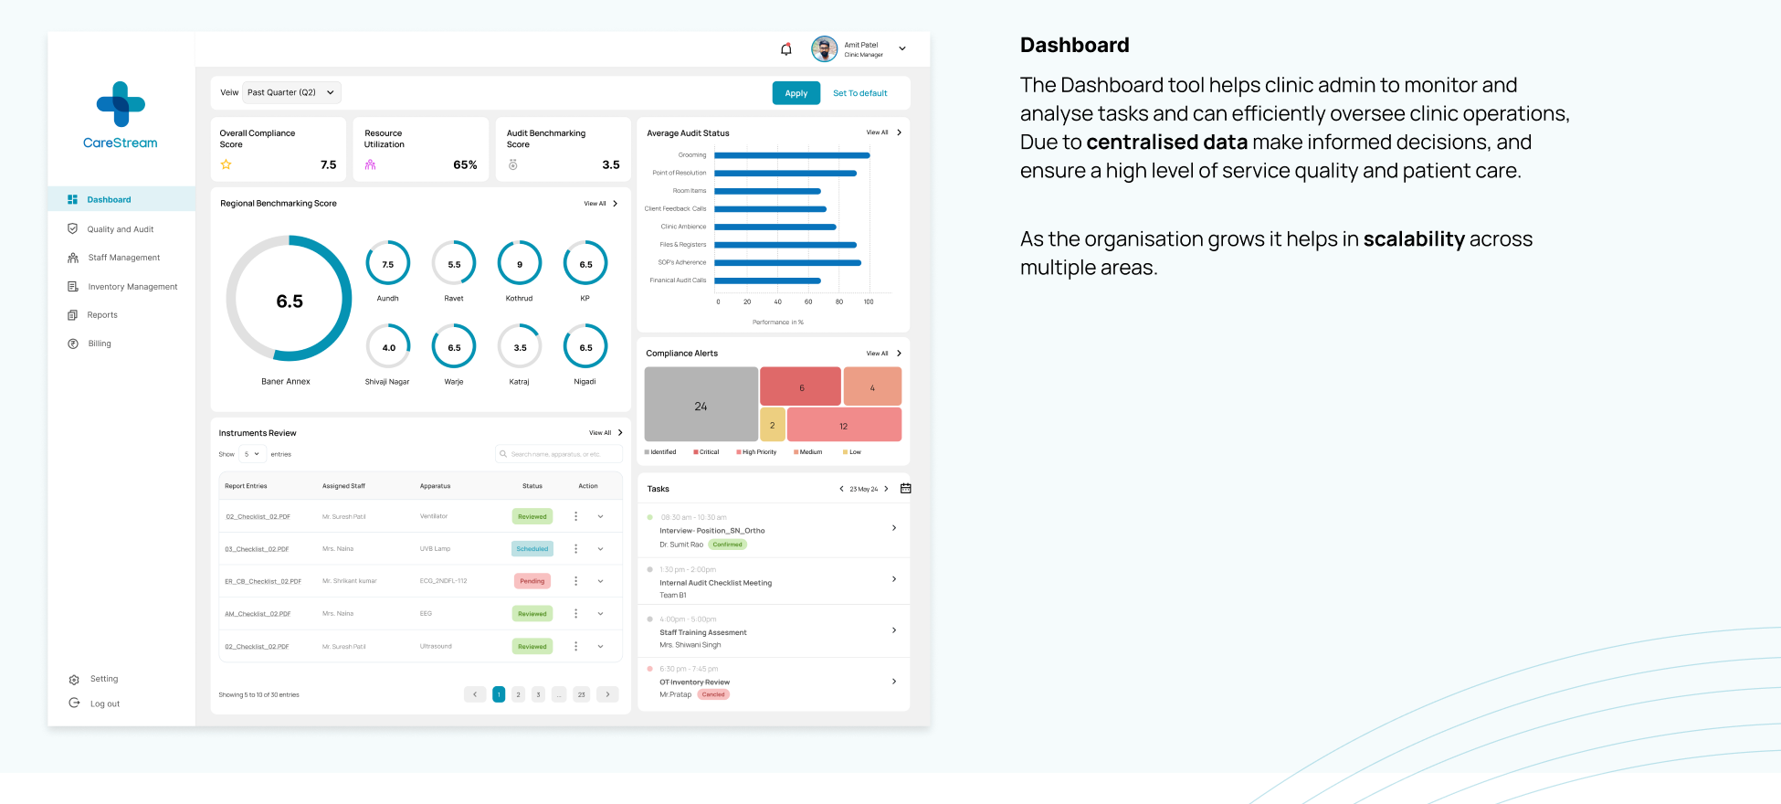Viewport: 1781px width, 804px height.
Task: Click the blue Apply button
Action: click(x=796, y=93)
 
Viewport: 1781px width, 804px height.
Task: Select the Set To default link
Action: click(x=859, y=93)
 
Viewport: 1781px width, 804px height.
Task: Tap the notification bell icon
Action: click(x=785, y=49)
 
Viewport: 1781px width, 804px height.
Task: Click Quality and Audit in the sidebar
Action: click(x=120, y=229)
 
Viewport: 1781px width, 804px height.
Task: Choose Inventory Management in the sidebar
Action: click(x=132, y=287)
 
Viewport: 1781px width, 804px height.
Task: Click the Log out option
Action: click(x=104, y=703)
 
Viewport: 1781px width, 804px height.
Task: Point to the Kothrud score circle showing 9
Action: click(x=520, y=264)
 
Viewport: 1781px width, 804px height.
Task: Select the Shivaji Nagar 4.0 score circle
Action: click(x=388, y=347)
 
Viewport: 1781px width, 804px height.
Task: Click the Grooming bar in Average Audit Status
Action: click(x=791, y=155)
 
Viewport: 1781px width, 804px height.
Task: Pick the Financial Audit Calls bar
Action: click(x=767, y=280)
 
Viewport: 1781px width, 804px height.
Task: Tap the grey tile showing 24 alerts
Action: click(x=701, y=405)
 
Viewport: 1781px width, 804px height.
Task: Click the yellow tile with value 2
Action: click(x=772, y=425)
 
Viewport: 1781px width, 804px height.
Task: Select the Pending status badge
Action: click(x=532, y=581)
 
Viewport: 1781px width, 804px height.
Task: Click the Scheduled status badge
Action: click(x=532, y=549)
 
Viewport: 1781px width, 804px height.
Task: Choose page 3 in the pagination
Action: click(x=538, y=694)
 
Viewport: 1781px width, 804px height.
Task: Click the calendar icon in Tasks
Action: click(x=905, y=489)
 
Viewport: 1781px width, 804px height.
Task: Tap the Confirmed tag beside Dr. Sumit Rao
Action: click(x=727, y=545)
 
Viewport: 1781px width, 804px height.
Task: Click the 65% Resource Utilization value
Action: click(x=465, y=165)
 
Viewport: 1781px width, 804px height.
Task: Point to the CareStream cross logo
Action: click(x=121, y=104)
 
